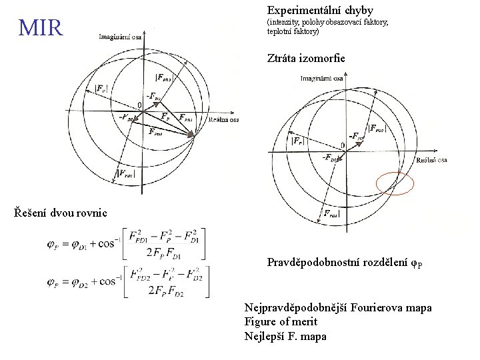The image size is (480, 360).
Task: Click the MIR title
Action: (41, 28)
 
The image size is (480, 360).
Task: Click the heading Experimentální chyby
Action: (320, 11)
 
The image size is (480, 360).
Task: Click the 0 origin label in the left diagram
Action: (140, 105)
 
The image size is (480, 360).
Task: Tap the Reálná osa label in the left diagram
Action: (223, 120)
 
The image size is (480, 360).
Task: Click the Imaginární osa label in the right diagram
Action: (322, 79)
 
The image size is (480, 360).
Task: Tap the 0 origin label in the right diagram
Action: (343, 145)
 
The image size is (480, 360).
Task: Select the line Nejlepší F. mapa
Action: (285, 336)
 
